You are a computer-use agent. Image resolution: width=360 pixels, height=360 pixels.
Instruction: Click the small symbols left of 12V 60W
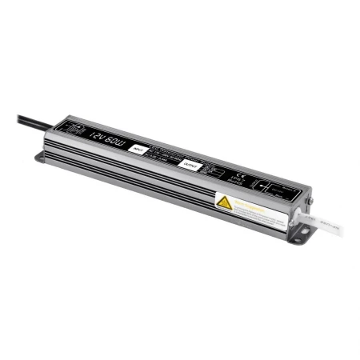point(74,127)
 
